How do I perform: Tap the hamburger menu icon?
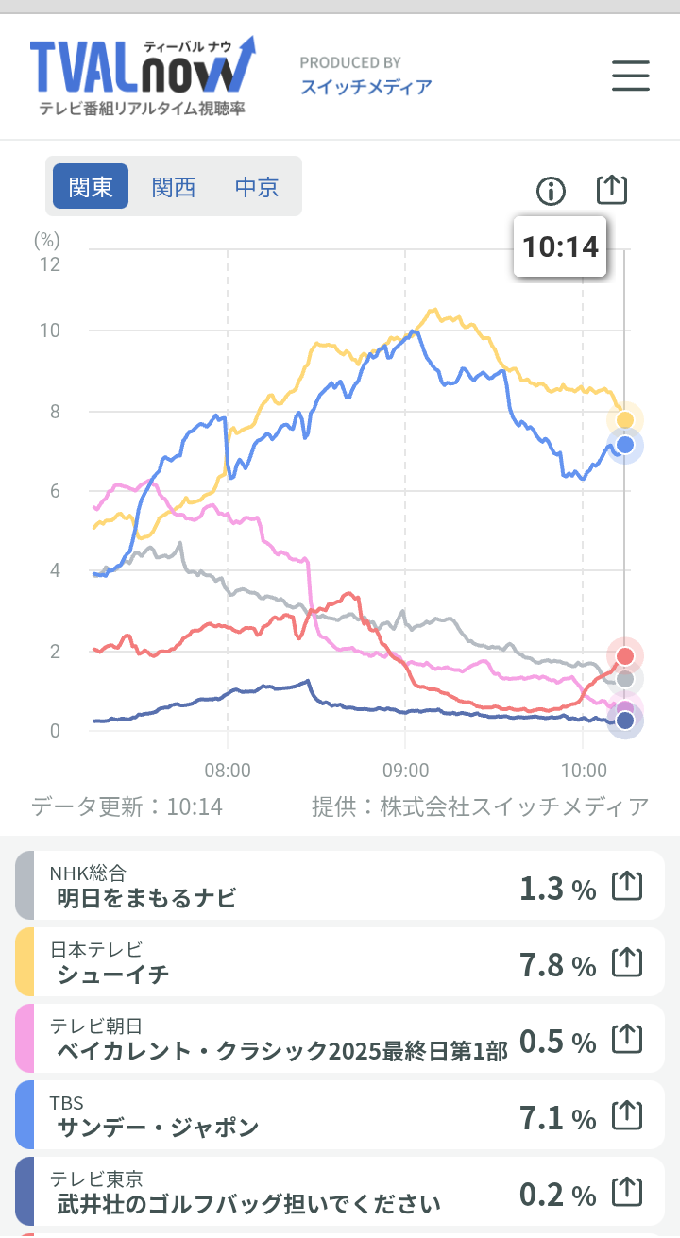631,76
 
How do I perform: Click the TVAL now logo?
142,76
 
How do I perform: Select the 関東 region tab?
91,186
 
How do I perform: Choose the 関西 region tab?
174,186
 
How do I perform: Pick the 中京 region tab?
257,186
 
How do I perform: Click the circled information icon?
551,192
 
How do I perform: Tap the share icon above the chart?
612,190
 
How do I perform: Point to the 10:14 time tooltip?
560,246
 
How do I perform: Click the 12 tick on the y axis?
48,263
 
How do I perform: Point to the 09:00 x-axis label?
404,770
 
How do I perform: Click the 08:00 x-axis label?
228,770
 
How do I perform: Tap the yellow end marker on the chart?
624,420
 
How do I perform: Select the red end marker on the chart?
624,656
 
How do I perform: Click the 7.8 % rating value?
557,964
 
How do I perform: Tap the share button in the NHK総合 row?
627,886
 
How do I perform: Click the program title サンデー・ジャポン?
158,1127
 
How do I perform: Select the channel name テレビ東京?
96,1179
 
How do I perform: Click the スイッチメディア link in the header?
366,87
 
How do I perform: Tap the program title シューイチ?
113,974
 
